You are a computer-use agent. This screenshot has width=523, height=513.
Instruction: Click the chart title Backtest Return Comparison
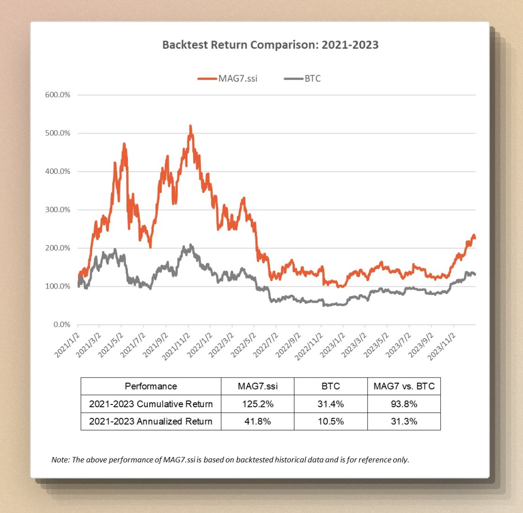[x=270, y=45]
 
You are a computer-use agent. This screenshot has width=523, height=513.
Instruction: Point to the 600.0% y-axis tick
[x=58, y=95]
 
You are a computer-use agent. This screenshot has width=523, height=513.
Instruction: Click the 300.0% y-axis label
[x=58, y=210]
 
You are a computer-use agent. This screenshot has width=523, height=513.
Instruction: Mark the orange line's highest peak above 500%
[x=190, y=126]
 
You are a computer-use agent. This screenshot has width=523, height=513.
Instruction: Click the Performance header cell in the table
[x=151, y=386]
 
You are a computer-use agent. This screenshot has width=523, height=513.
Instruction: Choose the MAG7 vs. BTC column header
[x=404, y=386]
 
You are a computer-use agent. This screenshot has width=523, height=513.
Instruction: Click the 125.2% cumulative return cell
[x=257, y=404]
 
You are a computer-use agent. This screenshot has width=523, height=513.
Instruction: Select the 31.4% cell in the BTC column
[x=331, y=404]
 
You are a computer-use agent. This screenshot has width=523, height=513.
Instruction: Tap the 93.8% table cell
[x=404, y=404]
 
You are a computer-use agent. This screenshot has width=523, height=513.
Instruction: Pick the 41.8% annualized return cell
[x=257, y=421]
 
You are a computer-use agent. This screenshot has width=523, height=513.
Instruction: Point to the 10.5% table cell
[x=331, y=421]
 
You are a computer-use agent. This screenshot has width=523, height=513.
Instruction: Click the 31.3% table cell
[x=404, y=421]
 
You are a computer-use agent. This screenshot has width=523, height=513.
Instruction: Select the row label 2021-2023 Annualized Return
[x=151, y=421]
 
